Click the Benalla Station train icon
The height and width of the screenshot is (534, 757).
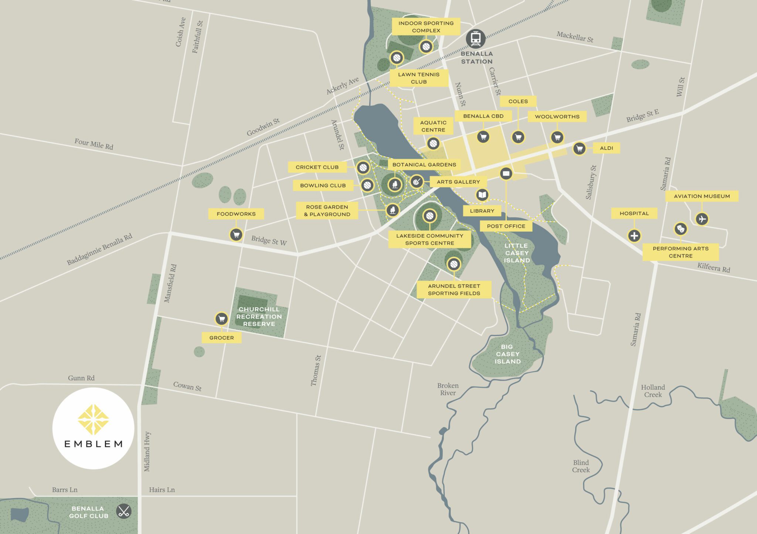pos(476,38)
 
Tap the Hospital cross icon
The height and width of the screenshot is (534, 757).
pos(634,235)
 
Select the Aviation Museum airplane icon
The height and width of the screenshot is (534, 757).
pos(702,219)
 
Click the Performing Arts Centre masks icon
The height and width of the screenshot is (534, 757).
pos(680,229)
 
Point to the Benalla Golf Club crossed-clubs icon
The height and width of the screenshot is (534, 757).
pos(123,511)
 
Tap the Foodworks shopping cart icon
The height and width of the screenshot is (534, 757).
pos(236,234)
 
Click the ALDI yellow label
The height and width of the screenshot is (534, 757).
pos(607,148)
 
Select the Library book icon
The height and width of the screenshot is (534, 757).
pos(482,195)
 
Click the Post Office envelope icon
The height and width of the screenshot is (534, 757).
pos(506,173)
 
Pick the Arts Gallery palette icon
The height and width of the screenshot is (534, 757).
pos(417,181)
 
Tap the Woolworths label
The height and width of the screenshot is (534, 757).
pos(557,117)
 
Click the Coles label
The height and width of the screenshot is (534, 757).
pos(518,101)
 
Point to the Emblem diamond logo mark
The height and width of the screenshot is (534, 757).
pos(93,419)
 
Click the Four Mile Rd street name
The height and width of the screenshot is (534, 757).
pos(94,144)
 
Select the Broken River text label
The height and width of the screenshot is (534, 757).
pos(448,389)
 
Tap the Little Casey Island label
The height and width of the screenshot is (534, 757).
pos(517,253)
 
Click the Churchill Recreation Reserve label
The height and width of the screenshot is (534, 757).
pos(259,317)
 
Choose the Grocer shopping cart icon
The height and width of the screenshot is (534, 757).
pos(221,319)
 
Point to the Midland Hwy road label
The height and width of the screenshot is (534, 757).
pos(147,452)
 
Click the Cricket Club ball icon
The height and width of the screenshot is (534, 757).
pos(363,168)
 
